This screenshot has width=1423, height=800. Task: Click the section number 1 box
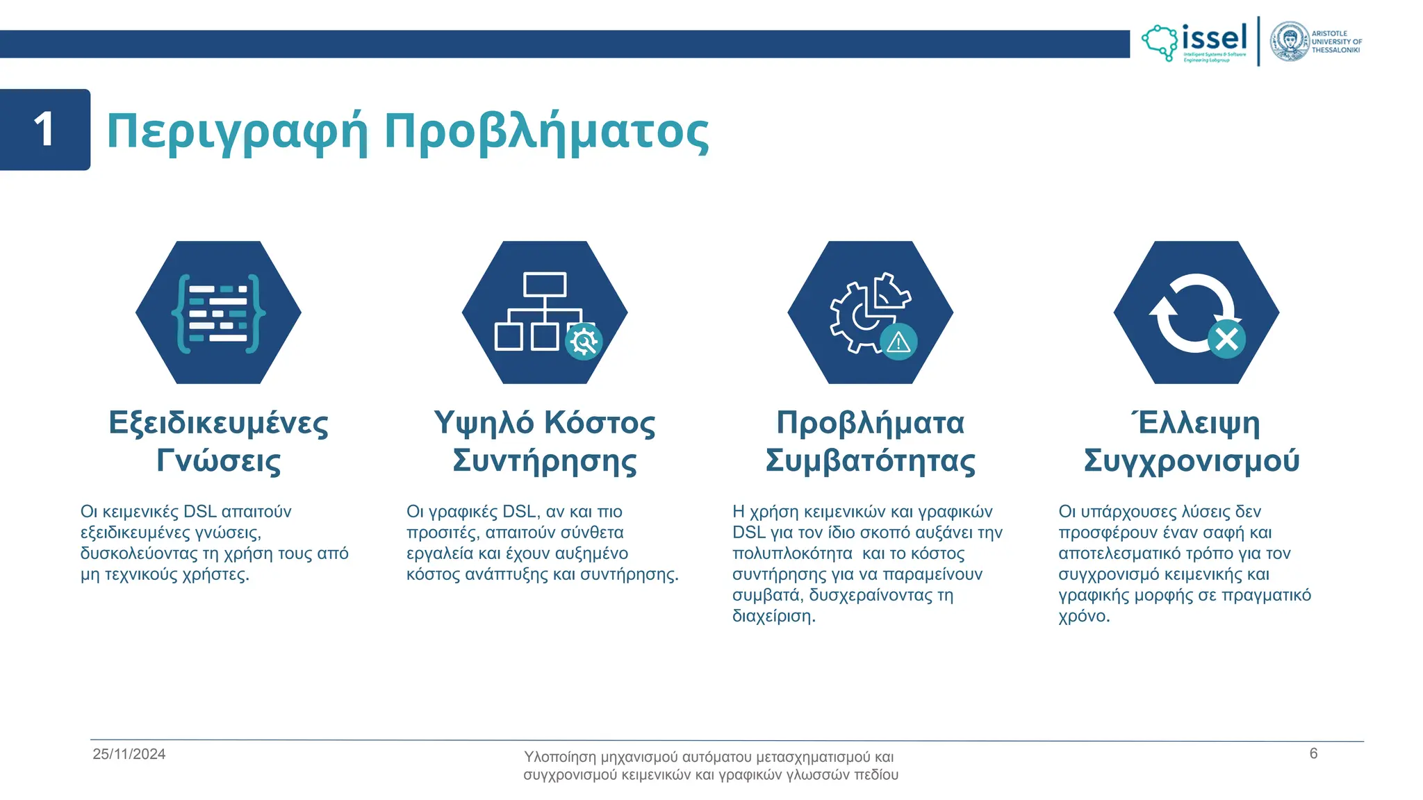click(45, 130)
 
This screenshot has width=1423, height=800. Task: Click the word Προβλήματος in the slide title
click(546, 131)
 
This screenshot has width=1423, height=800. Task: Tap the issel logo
click(1195, 42)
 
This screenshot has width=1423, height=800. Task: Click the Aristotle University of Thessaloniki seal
click(1290, 42)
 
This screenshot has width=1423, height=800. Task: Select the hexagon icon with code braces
click(218, 312)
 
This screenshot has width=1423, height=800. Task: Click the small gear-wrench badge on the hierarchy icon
click(583, 341)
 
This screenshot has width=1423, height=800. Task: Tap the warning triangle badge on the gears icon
click(898, 342)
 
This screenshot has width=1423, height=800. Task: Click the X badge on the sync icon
click(1226, 340)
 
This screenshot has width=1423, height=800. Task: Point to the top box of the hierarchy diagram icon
click(545, 285)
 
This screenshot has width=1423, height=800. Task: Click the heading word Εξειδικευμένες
click(218, 423)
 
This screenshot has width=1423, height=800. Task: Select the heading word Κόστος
click(599, 423)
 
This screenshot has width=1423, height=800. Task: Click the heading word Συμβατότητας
click(870, 460)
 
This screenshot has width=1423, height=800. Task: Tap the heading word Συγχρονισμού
click(1191, 460)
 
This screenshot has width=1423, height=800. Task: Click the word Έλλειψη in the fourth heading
click(1196, 423)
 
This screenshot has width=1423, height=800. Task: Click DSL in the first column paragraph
click(199, 512)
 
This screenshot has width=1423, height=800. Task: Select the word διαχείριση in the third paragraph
click(773, 616)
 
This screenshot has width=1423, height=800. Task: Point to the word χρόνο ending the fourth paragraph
click(1083, 616)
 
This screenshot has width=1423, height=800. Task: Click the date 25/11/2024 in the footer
click(129, 754)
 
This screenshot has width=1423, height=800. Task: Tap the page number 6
click(1313, 753)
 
